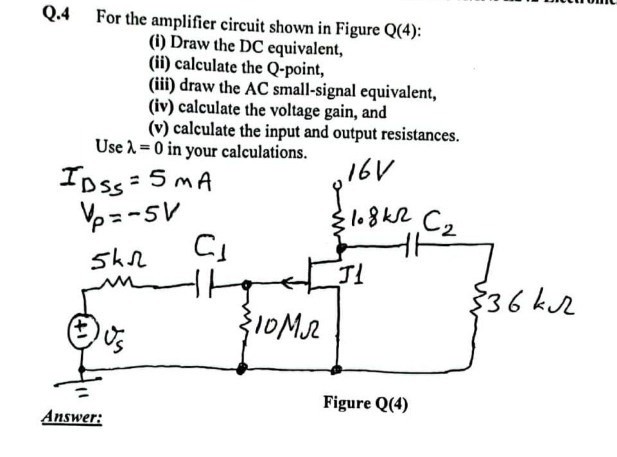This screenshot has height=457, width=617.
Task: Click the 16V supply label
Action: point(370,173)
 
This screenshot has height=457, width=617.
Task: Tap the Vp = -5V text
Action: point(128,212)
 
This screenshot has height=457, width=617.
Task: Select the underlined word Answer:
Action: point(72,417)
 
